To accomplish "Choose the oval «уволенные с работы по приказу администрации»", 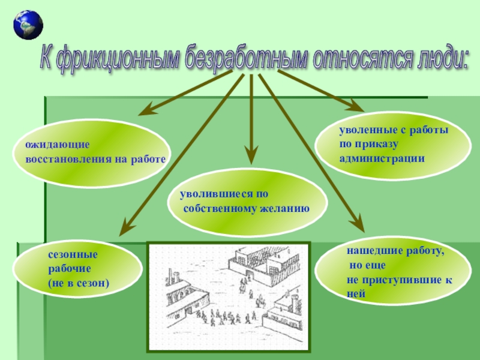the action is click(393, 144).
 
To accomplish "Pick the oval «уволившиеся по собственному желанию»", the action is click(252, 202).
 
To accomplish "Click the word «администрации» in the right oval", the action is click(382, 159).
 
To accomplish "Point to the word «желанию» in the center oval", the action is click(284, 209).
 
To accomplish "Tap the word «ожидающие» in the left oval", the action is click(57, 145).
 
